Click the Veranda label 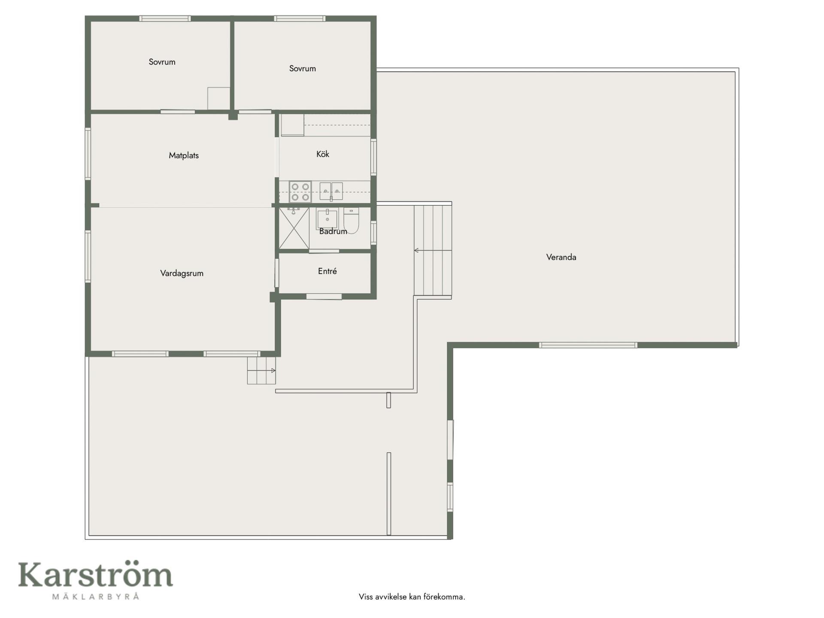pyautogui.click(x=561, y=257)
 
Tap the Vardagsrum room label pyautogui.click(x=182, y=273)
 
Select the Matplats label pyautogui.click(x=184, y=155)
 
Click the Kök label pyautogui.click(x=323, y=154)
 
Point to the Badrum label pyautogui.click(x=333, y=231)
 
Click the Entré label pyautogui.click(x=327, y=271)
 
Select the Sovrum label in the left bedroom pyautogui.click(x=162, y=62)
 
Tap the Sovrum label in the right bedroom pyautogui.click(x=303, y=68)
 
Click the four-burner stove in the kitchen pyautogui.click(x=300, y=192)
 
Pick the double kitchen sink pyautogui.click(x=331, y=191)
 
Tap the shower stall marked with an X pyautogui.click(x=294, y=228)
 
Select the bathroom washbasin pyautogui.click(x=327, y=218)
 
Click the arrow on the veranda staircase pyautogui.click(x=433, y=250)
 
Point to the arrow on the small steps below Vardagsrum pyautogui.click(x=261, y=370)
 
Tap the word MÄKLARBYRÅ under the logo pyautogui.click(x=96, y=596)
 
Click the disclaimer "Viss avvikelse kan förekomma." pyautogui.click(x=412, y=597)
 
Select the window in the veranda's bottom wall pyautogui.click(x=588, y=345)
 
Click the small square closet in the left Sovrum pyautogui.click(x=219, y=99)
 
